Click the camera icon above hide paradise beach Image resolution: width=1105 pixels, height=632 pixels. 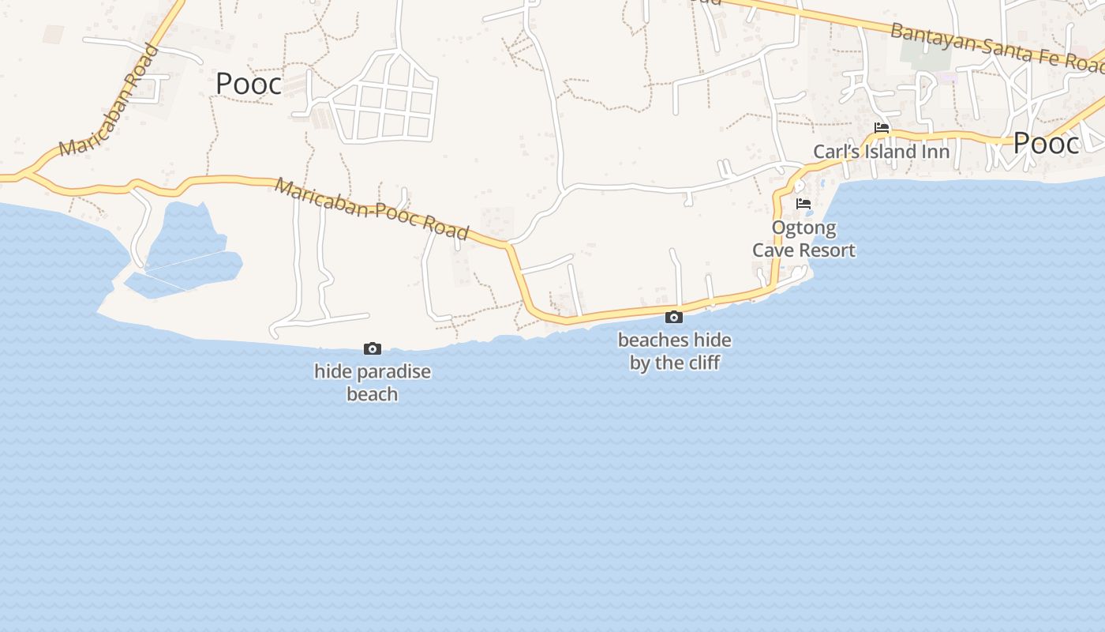tap(373, 348)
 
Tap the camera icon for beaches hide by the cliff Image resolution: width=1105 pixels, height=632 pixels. tap(674, 317)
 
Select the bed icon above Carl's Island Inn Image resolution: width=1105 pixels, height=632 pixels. tap(882, 128)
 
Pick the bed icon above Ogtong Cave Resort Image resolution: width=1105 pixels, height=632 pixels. tap(803, 204)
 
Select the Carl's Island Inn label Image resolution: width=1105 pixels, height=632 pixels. tap(882, 151)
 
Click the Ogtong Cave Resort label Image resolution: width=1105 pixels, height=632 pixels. tap(803, 239)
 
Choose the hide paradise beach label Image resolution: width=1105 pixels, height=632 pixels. tap(373, 382)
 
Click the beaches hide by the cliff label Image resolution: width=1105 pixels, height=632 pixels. tap(675, 352)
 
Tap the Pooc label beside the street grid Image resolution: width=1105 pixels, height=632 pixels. tap(249, 84)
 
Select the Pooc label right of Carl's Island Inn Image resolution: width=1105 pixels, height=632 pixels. tap(1046, 144)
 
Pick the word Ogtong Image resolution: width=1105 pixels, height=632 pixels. tap(803, 229)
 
